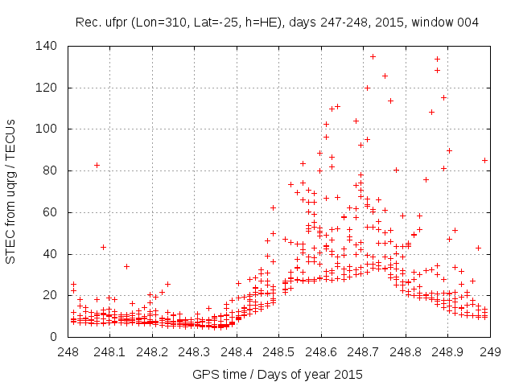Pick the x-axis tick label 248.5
click(278, 351)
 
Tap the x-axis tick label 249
click(489, 351)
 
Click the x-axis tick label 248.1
click(109, 351)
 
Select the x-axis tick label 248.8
click(405, 351)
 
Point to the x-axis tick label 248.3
click(194, 351)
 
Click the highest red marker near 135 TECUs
click(373, 56)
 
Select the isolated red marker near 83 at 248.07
click(97, 165)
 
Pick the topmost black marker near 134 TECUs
click(437, 59)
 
